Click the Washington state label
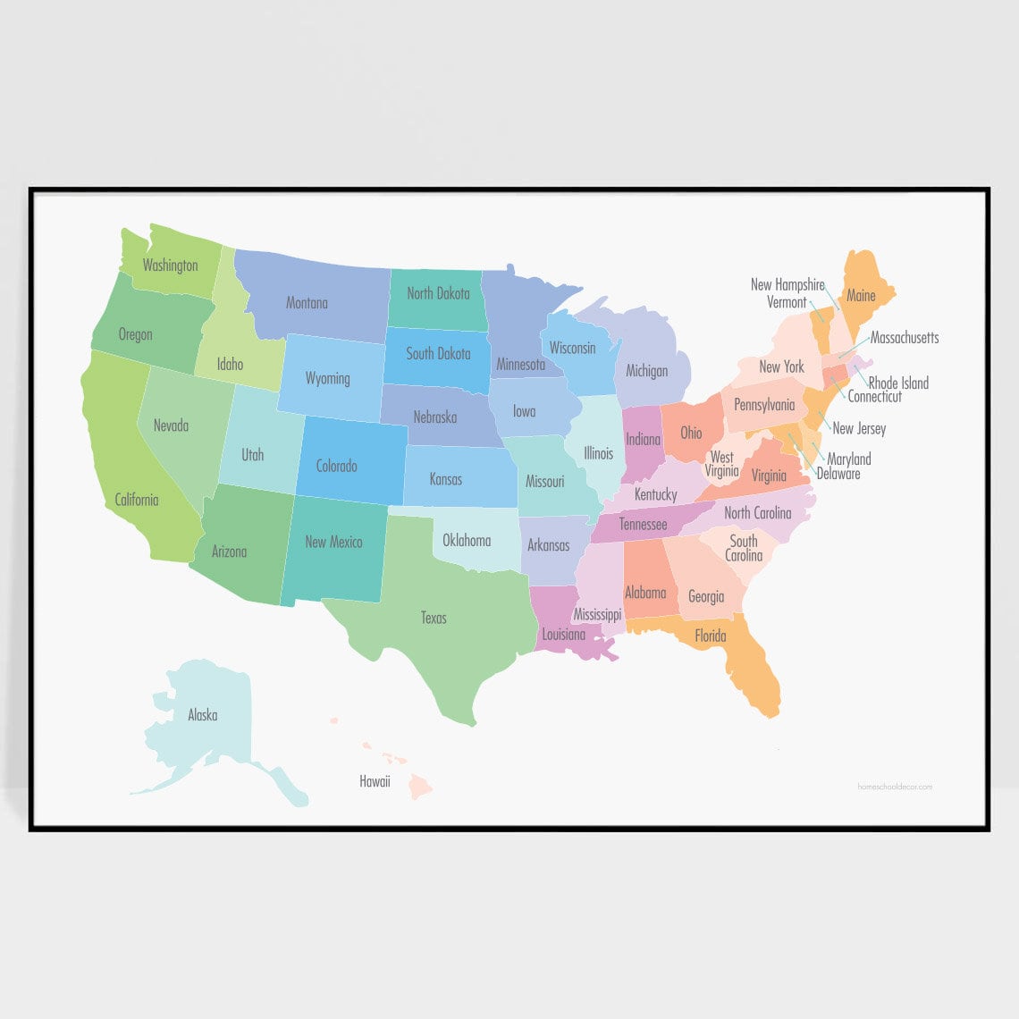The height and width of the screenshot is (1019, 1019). pos(170,265)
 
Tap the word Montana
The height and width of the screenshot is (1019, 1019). pos(307,303)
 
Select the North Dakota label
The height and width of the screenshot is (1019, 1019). pos(438,293)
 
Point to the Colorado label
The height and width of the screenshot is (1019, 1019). pos(336,466)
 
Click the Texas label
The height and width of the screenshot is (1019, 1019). pos(434,618)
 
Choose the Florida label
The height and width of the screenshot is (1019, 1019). pos(711,636)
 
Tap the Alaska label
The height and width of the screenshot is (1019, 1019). pos(202,715)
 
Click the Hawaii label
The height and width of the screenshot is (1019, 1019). pos(375,782)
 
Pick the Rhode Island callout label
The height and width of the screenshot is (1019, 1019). pos(898,383)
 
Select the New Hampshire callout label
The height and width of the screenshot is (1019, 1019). pos(787,285)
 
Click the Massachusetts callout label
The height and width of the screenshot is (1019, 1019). pos(905,338)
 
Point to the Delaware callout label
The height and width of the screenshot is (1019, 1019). pos(838,474)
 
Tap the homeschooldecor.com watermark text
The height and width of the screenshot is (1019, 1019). pos(894,787)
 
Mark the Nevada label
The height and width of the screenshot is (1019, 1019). pos(171,425)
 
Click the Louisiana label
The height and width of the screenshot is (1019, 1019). pos(563,635)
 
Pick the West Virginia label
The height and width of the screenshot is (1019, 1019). pos(721,464)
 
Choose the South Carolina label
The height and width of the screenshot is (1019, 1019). pos(744,548)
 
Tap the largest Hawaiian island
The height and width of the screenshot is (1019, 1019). pos(420,787)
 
